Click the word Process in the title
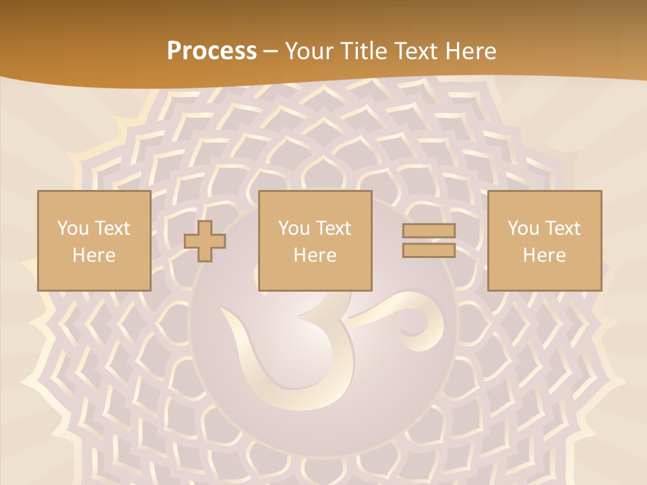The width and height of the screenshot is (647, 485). [212, 51]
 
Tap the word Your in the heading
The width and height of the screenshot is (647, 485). [307, 51]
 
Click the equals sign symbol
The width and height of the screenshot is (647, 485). [429, 240]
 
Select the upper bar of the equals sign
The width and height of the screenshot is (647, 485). [429, 230]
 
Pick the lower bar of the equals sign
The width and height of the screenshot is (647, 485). [429, 250]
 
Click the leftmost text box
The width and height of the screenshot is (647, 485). [94, 240]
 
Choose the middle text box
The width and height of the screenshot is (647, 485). [315, 240]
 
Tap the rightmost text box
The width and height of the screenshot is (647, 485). [544, 240]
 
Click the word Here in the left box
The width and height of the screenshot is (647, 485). [94, 255]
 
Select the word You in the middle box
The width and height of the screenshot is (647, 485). [294, 228]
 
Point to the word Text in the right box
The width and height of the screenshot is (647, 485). [563, 228]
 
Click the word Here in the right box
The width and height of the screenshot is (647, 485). [544, 255]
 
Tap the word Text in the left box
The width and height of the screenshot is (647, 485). [112, 228]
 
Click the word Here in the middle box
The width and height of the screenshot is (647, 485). [315, 255]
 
